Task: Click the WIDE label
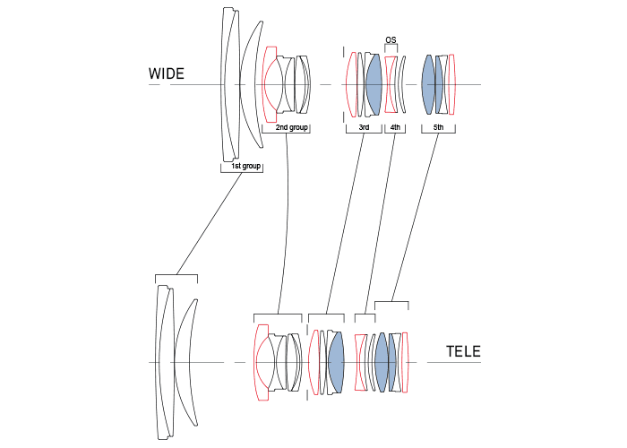click(x=167, y=74)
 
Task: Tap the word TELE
click(x=464, y=352)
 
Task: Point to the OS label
click(x=391, y=40)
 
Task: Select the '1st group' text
click(x=241, y=167)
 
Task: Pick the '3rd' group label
click(x=364, y=128)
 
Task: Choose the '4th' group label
click(x=395, y=128)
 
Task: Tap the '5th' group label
click(x=438, y=128)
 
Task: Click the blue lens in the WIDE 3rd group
click(x=374, y=85)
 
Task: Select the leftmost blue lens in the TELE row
click(x=336, y=362)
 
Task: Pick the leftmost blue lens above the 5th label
click(x=428, y=85)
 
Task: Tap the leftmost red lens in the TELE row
click(x=261, y=362)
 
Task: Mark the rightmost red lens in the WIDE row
click(x=452, y=85)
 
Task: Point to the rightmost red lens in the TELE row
click(x=405, y=362)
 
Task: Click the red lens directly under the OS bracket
click(x=391, y=85)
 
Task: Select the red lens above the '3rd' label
click(x=350, y=85)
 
